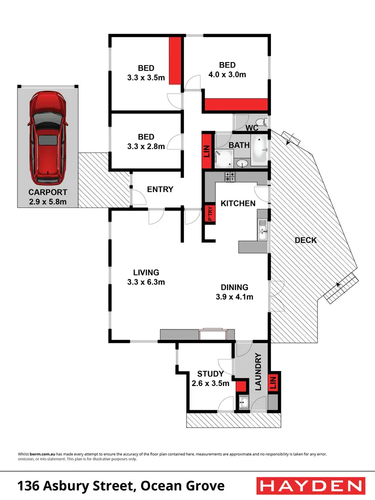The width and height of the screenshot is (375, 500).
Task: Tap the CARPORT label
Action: pos(47,192)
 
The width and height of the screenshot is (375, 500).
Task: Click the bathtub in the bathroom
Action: pos(258,149)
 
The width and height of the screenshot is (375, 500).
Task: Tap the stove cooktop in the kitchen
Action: pos(229,176)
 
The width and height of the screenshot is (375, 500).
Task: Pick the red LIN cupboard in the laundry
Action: pos(273,383)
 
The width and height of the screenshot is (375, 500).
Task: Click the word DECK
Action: pos(305,240)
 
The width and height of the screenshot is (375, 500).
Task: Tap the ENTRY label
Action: pos(160,189)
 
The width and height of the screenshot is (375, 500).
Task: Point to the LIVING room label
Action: pos(146,272)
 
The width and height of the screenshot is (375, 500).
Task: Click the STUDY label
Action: pos(210,373)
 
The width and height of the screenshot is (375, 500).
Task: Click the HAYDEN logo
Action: pos(309,485)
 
